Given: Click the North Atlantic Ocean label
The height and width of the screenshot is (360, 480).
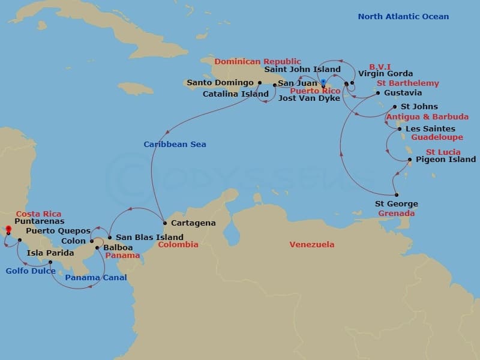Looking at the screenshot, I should (403, 16).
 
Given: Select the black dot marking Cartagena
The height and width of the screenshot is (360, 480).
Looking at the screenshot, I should (164, 223).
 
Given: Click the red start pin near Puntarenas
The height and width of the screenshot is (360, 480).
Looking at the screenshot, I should (8, 229).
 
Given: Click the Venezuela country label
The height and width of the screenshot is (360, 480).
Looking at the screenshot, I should (311, 245).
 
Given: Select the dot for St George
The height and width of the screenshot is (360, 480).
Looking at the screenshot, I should (397, 194).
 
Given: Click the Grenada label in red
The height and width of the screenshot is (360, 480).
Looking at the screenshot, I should (397, 214).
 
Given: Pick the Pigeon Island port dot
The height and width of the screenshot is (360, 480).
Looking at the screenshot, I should (410, 160).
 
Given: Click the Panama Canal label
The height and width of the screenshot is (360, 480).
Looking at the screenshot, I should (95, 278).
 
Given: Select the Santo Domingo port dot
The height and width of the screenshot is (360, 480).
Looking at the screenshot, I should (259, 83).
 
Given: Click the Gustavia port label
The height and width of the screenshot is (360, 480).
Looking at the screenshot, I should (403, 93).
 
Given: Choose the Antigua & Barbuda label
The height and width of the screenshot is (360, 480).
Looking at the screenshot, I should (427, 116).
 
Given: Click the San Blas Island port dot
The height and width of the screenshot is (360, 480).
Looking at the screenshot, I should (109, 237).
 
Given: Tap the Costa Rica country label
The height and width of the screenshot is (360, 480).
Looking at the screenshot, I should (38, 214).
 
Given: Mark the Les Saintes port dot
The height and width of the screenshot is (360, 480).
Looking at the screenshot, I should (400, 129).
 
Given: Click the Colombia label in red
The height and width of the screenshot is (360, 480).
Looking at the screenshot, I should (178, 245).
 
